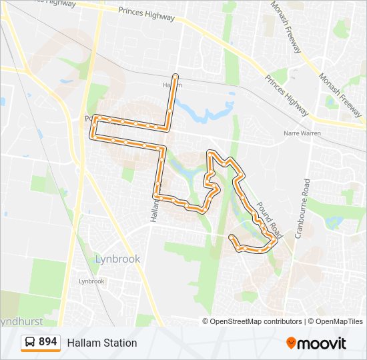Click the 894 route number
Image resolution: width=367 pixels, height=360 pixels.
[x=47, y=342]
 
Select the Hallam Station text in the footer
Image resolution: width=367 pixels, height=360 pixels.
[x=101, y=343]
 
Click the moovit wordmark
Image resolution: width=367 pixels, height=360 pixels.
[x=322, y=343]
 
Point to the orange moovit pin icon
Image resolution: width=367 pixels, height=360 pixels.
[x=291, y=343]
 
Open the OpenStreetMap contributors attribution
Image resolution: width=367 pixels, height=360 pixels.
[x=256, y=321]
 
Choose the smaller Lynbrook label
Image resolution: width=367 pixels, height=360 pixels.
[x=91, y=281]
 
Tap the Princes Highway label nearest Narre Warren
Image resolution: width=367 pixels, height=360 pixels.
[x=287, y=95]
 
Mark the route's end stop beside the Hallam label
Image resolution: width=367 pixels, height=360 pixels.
[x=175, y=77]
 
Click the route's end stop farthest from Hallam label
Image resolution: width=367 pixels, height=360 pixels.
[x=232, y=237]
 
